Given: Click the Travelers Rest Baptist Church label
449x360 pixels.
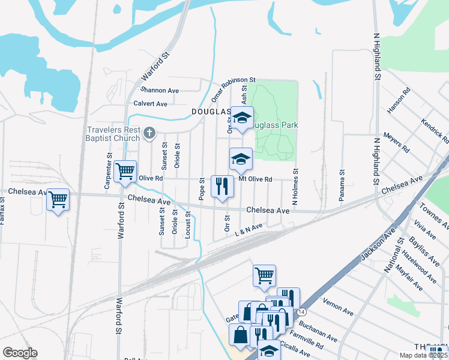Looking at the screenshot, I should [113, 134].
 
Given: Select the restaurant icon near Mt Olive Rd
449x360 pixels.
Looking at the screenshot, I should [222, 187].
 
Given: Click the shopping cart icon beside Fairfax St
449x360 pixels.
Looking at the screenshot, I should [58, 200].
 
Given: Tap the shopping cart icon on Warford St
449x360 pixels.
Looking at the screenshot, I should [125, 172].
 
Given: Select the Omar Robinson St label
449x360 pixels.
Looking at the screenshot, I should [233, 88].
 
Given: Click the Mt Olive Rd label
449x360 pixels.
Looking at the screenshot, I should [255, 179].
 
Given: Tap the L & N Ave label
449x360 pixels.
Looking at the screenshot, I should [249, 229].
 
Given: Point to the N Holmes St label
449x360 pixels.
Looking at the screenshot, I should [295, 187].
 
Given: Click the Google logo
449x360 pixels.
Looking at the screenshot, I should [20, 353].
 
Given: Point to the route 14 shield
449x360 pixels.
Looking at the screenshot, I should [301, 313].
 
